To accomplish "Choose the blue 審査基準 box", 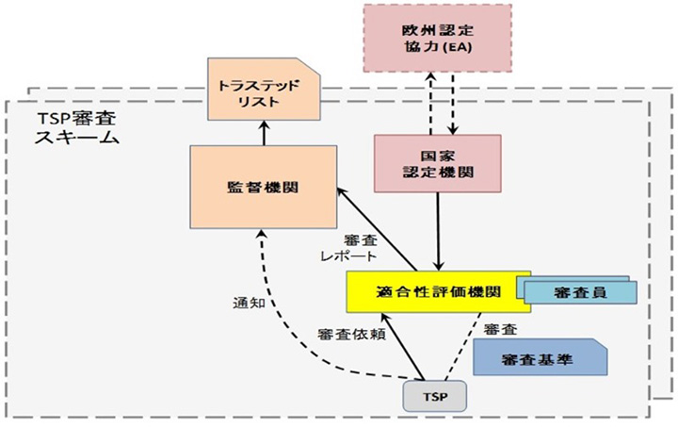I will click(538, 358).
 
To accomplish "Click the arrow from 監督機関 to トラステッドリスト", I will click(264, 133).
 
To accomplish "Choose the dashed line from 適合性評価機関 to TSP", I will click(454, 349).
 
